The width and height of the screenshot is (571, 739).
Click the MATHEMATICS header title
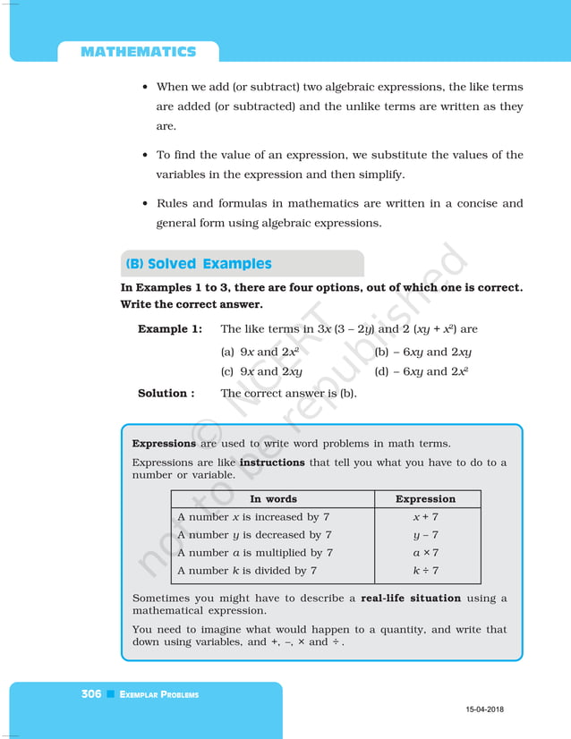138,52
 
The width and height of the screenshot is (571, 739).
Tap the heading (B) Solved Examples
199,264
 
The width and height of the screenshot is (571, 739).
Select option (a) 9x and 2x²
260,352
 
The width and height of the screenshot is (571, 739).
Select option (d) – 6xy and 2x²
422,371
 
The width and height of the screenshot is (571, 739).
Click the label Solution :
166,393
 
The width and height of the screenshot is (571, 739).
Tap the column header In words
273,499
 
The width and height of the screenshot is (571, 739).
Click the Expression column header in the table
425,499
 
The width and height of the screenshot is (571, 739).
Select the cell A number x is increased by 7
253,517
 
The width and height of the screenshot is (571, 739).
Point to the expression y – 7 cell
425,535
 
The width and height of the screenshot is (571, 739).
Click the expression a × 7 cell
425,553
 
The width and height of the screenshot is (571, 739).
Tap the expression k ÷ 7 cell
425,571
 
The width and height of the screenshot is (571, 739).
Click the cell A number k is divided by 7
246,571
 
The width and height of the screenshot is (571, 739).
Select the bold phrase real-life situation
411,599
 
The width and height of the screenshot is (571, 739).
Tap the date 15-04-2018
484,709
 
